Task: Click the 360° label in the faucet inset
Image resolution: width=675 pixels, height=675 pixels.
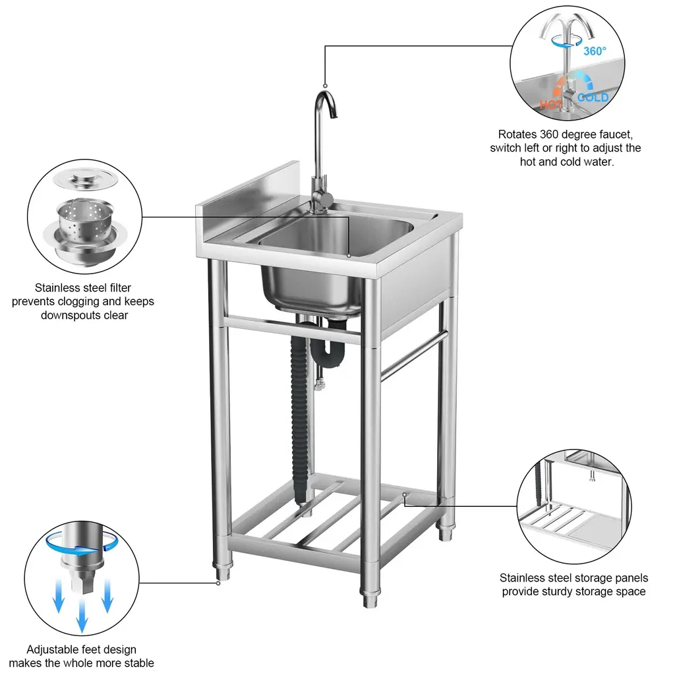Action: click(x=595, y=51)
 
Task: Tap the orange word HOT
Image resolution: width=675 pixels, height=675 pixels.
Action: click(x=550, y=105)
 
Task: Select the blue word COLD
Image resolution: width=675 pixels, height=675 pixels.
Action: click(x=593, y=98)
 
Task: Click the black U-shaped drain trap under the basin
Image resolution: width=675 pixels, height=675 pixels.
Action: click(x=326, y=350)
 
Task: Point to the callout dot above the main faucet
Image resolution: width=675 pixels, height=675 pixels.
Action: click(x=326, y=86)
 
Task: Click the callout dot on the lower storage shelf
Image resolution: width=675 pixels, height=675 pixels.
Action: click(x=405, y=494)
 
